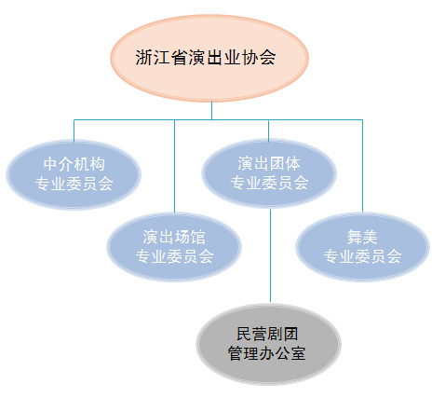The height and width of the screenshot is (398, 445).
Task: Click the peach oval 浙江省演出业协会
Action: tap(209, 58)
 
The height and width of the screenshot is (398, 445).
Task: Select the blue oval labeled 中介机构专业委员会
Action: tap(74, 174)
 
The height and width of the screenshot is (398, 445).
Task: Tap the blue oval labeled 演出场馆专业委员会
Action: tap(174, 247)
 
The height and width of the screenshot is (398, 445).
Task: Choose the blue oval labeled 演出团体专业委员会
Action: tap(269, 173)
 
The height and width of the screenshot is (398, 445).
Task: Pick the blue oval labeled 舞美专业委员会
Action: tap(362, 247)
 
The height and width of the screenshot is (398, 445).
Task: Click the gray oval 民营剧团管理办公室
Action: tap(268, 344)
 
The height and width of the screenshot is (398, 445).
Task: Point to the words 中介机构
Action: tap(74, 164)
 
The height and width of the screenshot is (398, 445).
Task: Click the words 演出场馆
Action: tap(174, 237)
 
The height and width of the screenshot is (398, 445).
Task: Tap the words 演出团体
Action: tap(269, 163)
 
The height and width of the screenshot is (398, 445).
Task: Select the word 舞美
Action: tap(362, 237)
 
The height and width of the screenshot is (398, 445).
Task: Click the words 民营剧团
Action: tap(267, 335)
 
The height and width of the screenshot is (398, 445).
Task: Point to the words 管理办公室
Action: tap(267, 353)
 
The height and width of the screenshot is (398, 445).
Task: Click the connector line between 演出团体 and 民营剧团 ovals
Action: tap(270, 255)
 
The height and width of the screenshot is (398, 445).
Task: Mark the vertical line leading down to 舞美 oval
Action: tap(362, 166)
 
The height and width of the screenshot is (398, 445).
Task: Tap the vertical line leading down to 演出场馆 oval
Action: tap(174, 166)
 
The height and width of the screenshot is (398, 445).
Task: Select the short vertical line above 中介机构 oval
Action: tap(74, 130)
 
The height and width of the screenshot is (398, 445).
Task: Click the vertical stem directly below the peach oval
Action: tap(211, 111)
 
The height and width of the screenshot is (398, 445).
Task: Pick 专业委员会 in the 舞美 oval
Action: tap(362, 256)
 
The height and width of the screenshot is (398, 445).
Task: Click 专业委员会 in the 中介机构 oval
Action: tap(74, 184)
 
